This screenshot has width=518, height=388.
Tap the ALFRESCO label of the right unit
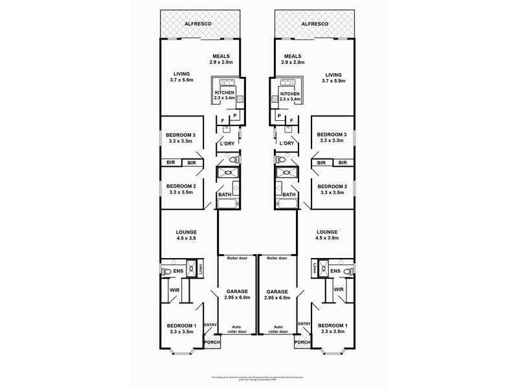[315, 24]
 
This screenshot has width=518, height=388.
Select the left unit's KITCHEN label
[224, 94]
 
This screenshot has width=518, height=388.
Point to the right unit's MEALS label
[293, 56]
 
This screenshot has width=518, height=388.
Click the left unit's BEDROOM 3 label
[181, 135]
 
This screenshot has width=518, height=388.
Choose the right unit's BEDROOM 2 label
[332, 186]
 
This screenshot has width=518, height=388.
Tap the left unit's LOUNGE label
[186, 232]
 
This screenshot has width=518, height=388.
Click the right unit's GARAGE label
[277, 292]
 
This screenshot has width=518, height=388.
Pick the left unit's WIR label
[174, 290]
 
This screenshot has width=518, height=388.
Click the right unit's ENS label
[335, 271]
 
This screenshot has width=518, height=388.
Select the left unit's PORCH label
[212, 342]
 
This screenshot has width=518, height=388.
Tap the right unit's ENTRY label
[304, 324]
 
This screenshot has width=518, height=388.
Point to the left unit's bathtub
[228, 204]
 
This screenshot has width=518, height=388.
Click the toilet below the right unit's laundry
[280, 159]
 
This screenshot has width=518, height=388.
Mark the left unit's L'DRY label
[227, 143]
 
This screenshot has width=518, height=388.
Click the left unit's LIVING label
[181, 74]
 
